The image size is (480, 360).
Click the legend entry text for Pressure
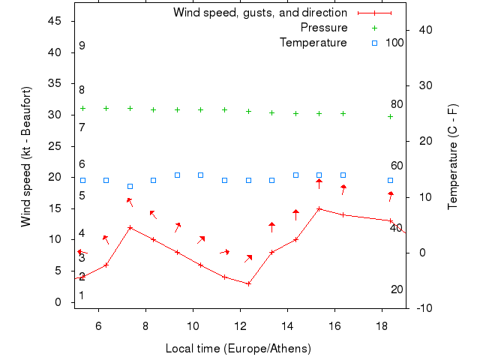click(324, 28)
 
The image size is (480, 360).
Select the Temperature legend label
click(313, 43)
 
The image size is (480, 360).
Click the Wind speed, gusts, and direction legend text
click(260, 13)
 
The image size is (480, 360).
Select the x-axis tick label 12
click(240, 325)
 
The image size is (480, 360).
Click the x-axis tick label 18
click(382, 325)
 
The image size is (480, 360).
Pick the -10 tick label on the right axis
click(424, 308)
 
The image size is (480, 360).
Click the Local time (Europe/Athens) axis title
click(238, 349)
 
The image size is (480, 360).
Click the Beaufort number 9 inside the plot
click(82, 46)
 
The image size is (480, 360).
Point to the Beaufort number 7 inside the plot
click(82, 127)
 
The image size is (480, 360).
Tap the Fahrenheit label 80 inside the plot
click(397, 104)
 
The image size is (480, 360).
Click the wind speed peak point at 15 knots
click(319, 208)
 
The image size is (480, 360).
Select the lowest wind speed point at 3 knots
click(248, 283)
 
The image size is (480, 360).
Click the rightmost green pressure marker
click(390, 116)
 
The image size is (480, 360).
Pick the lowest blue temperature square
click(130, 186)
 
